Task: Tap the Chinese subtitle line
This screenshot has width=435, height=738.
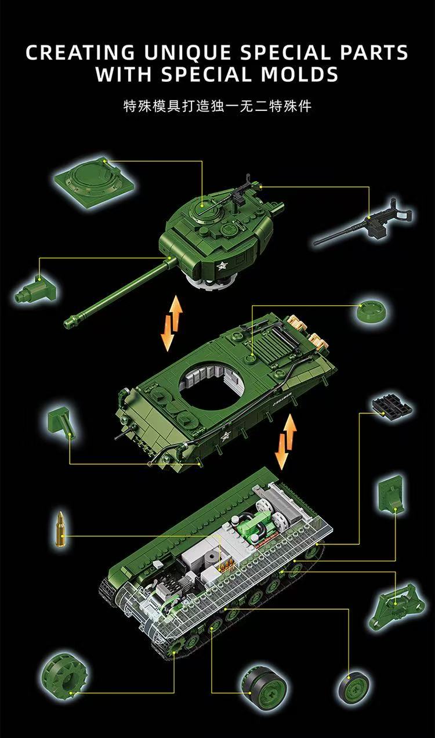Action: (217, 107)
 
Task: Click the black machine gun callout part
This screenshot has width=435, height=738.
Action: (365, 223)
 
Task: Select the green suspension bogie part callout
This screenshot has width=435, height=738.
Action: (394, 605)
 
